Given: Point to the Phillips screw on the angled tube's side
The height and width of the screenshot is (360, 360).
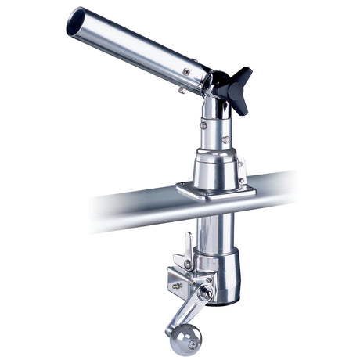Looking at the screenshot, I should pyautogui.click(x=186, y=71).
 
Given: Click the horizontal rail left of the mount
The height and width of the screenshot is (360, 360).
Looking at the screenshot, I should pyautogui.click(x=133, y=205).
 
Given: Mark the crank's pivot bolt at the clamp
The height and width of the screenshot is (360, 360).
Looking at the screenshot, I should pyautogui.click(x=205, y=293).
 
